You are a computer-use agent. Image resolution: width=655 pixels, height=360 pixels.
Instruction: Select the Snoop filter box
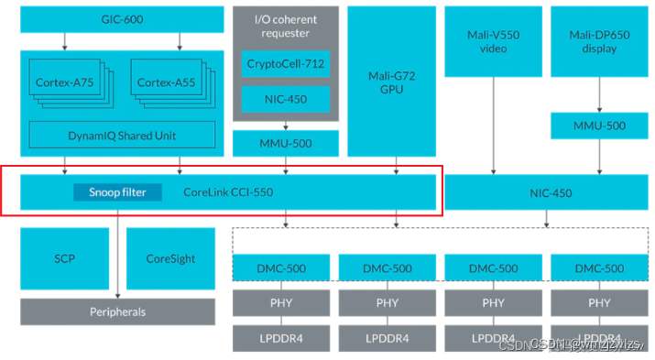tap(117, 192)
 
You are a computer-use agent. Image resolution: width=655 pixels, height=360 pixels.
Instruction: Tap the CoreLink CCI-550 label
tap(228, 192)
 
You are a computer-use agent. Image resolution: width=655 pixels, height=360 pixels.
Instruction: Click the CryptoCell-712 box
tap(285, 63)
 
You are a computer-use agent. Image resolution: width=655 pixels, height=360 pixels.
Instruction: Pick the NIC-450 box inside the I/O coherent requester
tap(285, 98)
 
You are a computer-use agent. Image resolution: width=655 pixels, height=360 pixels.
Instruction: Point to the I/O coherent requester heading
tap(285, 27)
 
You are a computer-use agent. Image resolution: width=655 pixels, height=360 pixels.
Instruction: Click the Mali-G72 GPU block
tap(391, 82)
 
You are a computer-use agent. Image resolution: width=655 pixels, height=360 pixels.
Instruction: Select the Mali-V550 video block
tap(493, 41)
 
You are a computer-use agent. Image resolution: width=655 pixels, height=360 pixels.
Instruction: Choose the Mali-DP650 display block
tap(599, 41)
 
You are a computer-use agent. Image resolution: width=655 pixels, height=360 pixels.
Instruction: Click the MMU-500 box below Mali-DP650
tap(599, 125)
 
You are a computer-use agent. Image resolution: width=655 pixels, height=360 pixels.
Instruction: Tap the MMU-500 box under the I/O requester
tap(285, 142)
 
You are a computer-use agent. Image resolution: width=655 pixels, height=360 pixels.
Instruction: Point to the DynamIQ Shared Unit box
tap(122, 135)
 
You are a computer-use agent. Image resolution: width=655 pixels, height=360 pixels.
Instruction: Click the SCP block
tap(64, 258)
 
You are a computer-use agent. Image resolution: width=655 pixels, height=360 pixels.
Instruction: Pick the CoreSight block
tap(170, 258)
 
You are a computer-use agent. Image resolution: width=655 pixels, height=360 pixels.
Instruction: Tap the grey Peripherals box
tap(117, 311)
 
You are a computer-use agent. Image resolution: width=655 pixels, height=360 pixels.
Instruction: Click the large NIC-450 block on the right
tap(550, 193)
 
